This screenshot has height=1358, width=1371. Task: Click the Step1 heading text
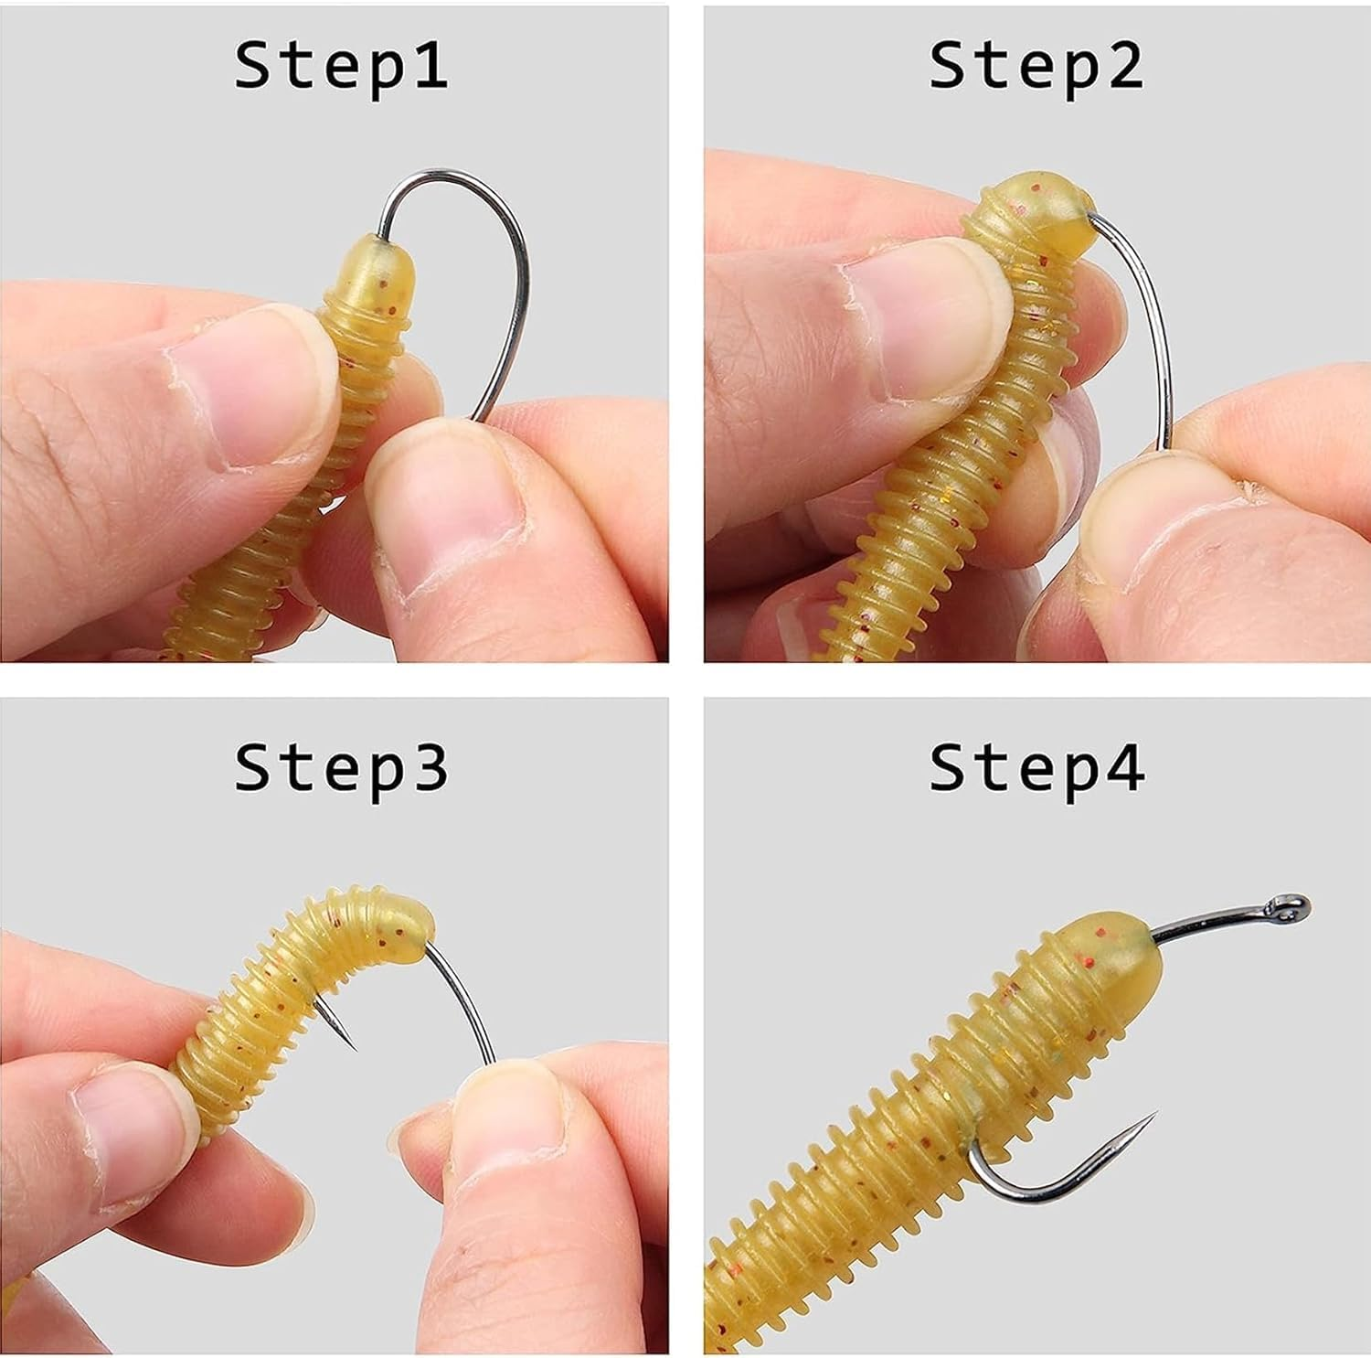[341, 65]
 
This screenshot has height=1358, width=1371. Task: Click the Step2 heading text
[1036, 65]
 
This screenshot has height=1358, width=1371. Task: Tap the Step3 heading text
[341, 768]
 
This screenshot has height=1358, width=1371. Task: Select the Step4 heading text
[1036, 768]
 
